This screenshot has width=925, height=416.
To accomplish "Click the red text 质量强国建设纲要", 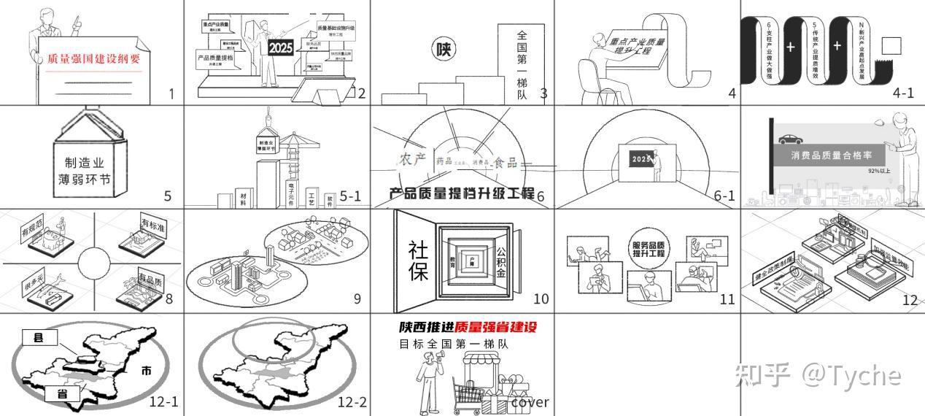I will coord(93,59).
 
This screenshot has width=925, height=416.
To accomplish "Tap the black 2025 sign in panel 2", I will coord(281,48).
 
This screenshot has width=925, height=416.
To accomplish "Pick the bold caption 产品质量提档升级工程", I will coord(462,193).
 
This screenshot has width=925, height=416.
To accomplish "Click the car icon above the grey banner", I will coord(789,139).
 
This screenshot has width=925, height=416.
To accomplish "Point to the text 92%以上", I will coord(879,171).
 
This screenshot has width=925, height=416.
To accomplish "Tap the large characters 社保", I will coord(418,261).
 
